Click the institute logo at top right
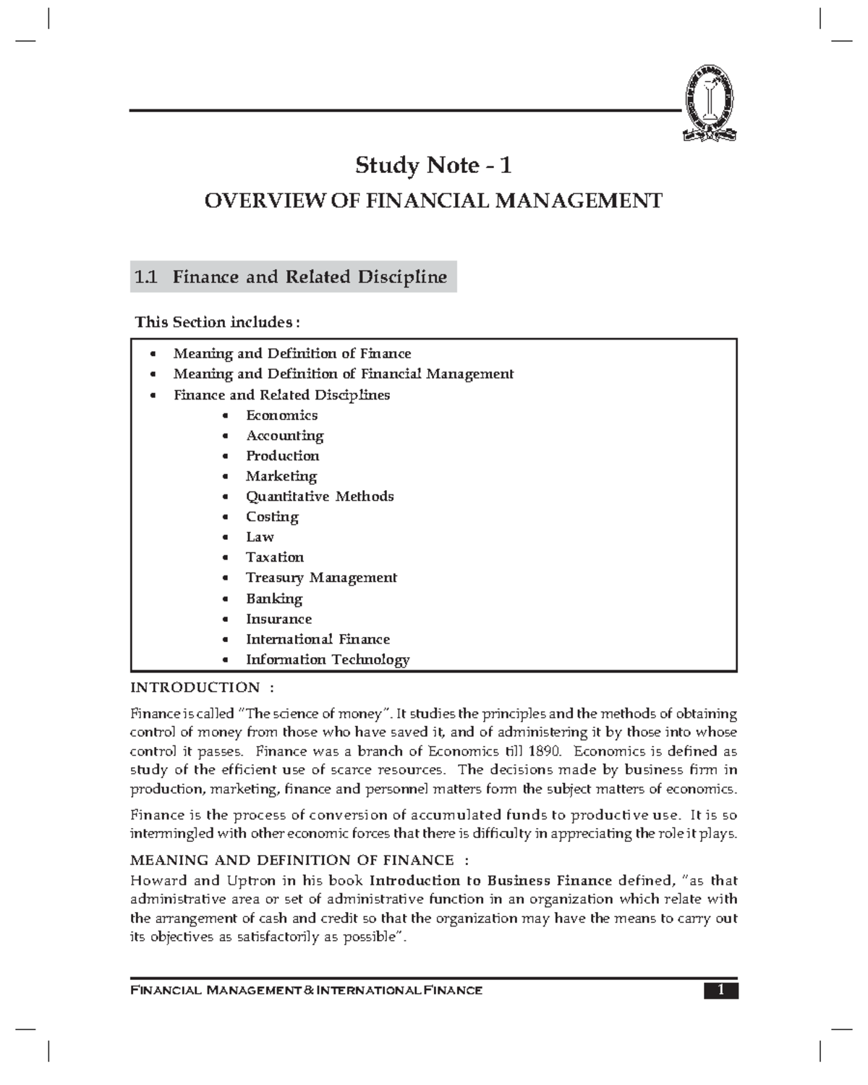710,103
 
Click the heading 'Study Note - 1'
433,166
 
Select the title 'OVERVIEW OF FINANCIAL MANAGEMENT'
433,200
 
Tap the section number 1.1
145,277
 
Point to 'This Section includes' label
217,322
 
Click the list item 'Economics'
281,415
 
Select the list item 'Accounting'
284,436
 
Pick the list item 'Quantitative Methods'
320,497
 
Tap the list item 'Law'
260,537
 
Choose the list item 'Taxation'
275,557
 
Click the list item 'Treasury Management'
321,578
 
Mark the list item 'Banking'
274,599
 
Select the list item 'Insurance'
278,619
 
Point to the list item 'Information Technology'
328,659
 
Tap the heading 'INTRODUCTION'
195,688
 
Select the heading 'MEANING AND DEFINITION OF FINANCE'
292,861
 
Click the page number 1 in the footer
720,990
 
